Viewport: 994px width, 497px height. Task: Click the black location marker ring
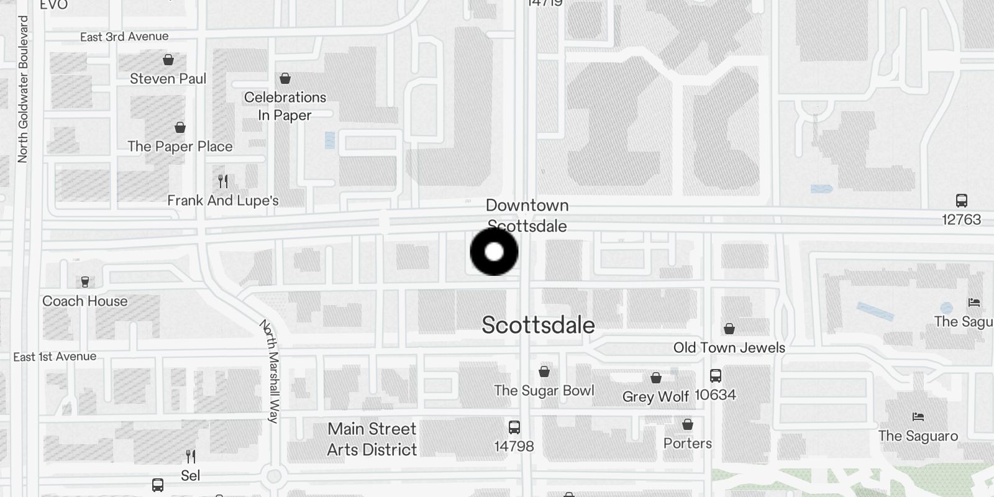(494, 252)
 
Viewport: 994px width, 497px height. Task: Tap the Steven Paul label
(168, 79)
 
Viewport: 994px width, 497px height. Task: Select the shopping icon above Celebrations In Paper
(285, 78)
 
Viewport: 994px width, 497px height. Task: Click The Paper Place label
(180, 147)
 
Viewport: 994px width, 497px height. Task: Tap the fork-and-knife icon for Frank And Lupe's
(223, 181)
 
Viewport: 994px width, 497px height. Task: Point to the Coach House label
(85, 301)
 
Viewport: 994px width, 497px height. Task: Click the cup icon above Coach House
(85, 282)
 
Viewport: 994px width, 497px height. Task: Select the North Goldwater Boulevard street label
(23, 89)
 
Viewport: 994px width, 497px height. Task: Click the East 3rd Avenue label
(124, 37)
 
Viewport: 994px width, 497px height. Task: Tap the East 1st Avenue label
(55, 357)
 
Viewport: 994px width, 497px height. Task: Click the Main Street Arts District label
(372, 439)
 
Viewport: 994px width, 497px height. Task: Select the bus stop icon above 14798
(514, 427)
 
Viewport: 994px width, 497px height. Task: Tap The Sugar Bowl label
(544, 391)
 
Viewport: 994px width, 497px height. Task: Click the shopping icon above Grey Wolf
(656, 378)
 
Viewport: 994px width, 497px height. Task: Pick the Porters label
(688, 444)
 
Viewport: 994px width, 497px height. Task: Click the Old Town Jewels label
(729, 348)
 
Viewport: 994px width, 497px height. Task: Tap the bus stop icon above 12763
(962, 201)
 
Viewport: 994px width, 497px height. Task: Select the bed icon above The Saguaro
(918, 417)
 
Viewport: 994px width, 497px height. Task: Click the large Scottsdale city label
(539, 326)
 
